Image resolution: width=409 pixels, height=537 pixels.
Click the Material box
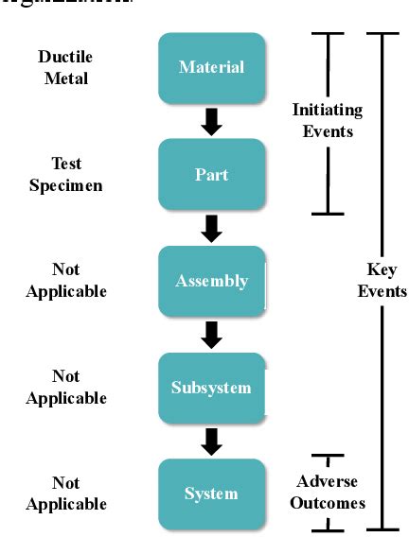(211, 67)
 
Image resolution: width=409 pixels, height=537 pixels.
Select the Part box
(211, 175)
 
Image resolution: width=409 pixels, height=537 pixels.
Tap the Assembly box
(211, 281)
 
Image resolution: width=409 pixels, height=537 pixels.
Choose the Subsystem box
(211, 388)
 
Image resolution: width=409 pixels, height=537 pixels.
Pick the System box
(211, 494)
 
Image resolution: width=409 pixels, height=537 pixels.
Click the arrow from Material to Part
(212, 121)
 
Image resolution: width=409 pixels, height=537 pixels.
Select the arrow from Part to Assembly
(212, 228)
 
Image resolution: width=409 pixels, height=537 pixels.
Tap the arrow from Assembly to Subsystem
(212, 334)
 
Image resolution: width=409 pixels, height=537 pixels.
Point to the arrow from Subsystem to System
(212, 441)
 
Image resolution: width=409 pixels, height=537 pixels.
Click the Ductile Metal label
(65, 67)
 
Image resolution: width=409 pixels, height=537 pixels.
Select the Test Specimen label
(65, 175)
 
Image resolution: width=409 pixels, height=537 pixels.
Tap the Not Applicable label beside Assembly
(65, 281)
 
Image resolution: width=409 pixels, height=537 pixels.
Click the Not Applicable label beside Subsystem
(65, 388)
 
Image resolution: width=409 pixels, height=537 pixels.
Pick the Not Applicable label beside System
(65, 494)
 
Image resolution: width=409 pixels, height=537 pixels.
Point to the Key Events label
(382, 281)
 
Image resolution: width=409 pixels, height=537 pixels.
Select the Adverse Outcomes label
(328, 494)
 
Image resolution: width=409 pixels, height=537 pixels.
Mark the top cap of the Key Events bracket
(382, 34)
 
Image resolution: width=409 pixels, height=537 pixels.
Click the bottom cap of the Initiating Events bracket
(328, 214)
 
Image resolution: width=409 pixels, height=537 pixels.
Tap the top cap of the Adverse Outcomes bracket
(328, 456)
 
